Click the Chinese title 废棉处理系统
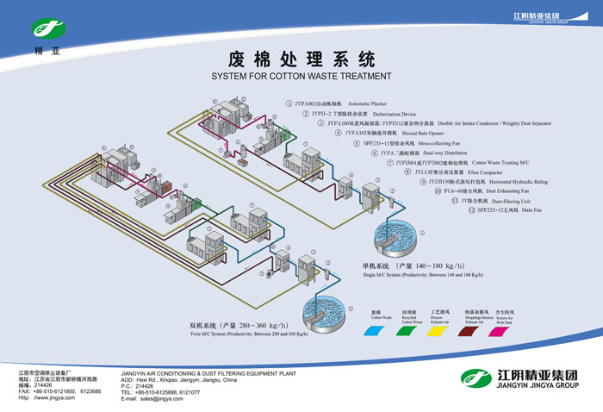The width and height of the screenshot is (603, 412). click(301, 59)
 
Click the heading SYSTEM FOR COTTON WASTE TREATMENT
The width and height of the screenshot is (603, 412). click(301, 77)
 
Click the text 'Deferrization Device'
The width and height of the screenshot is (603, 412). click(395, 114)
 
